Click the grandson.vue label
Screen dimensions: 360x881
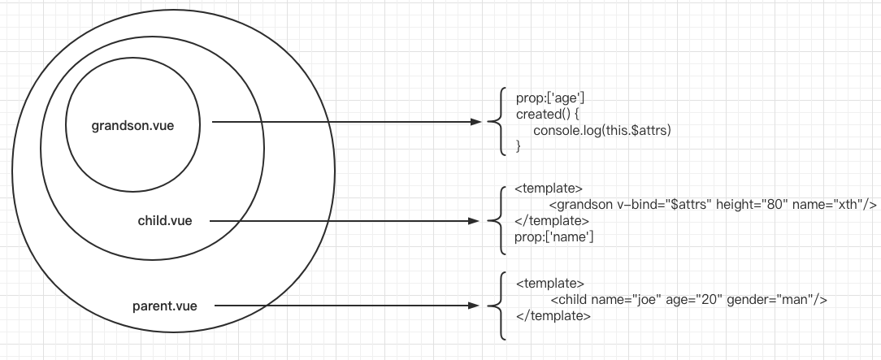point(132,126)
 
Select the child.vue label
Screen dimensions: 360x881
point(165,220)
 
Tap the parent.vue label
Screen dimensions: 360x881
point(164,306)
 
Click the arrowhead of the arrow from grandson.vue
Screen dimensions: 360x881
point(476,123)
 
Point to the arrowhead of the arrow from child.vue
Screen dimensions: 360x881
point(476,220)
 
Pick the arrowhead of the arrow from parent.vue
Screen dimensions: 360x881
point(476,306)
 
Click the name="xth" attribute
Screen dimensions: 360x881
point(813,206)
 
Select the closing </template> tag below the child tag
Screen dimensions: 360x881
point(553,316)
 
